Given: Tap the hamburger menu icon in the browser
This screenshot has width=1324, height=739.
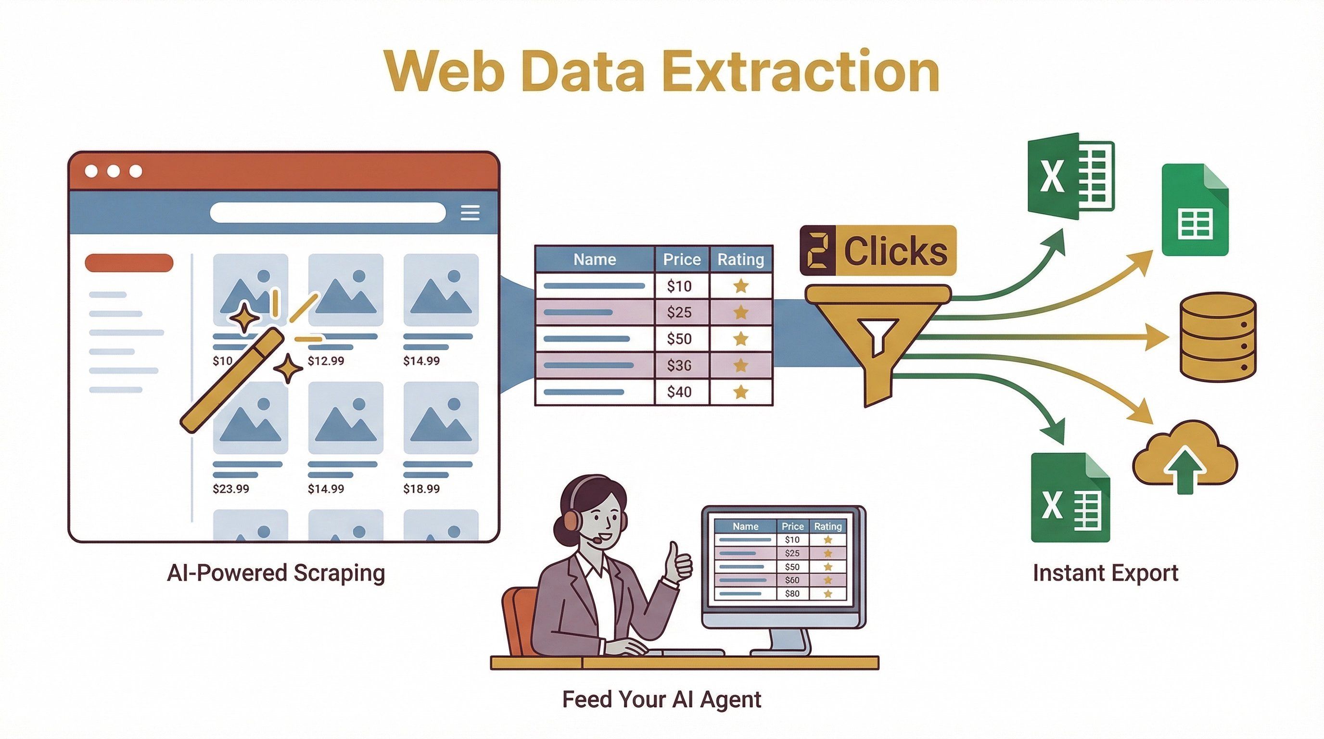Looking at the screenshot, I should pos(470,212).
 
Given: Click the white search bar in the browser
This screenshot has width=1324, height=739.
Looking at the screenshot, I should pos(328,212).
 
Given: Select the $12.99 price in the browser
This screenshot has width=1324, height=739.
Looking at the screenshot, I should pos(326,361).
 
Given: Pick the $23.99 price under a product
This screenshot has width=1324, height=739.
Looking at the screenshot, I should pos(231,489).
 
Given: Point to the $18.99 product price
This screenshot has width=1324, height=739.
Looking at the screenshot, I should pos(421,489).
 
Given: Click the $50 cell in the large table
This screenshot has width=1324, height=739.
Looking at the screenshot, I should pos(679,339).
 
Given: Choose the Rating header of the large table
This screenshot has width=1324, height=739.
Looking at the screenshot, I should pos(740,259).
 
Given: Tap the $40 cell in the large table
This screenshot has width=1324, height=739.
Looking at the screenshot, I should pos(679,392).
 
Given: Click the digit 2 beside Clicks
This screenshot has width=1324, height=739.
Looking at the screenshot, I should pos(818,250).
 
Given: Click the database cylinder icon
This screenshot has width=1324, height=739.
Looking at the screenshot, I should pos(1218,337).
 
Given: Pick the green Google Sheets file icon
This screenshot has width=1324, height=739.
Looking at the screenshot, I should pos(1195,211).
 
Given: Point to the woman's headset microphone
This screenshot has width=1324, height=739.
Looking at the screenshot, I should pos(597,540).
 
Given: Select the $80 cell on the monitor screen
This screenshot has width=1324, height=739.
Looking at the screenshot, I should pos(792,594).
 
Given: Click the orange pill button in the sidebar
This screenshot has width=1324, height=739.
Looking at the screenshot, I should pos(129,263).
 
